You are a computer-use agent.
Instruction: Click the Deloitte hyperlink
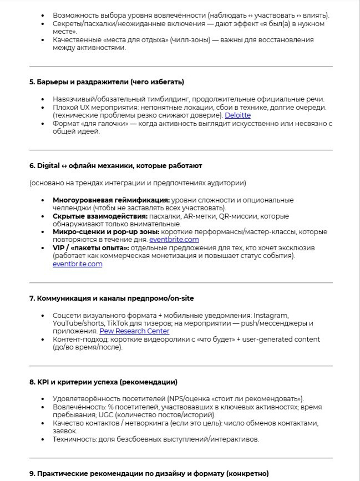(x=237, y=115)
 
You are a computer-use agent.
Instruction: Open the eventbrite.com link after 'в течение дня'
(x=174, y=240)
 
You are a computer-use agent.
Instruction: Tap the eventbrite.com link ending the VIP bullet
(x=77, y=264)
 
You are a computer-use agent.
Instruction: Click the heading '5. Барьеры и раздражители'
(x=107, y=82)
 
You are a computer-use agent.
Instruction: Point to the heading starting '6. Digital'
(x=115, y=165)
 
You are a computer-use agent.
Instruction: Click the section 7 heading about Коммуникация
(x=111, y=298)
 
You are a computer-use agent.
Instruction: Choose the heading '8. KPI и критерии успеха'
(x=103, y=382)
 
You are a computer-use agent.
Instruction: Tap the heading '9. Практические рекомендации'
(x=149, y=473)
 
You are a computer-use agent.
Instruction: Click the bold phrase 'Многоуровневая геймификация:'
(x=111, y=199)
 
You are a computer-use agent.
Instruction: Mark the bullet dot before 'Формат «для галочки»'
(x=44, y=124)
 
